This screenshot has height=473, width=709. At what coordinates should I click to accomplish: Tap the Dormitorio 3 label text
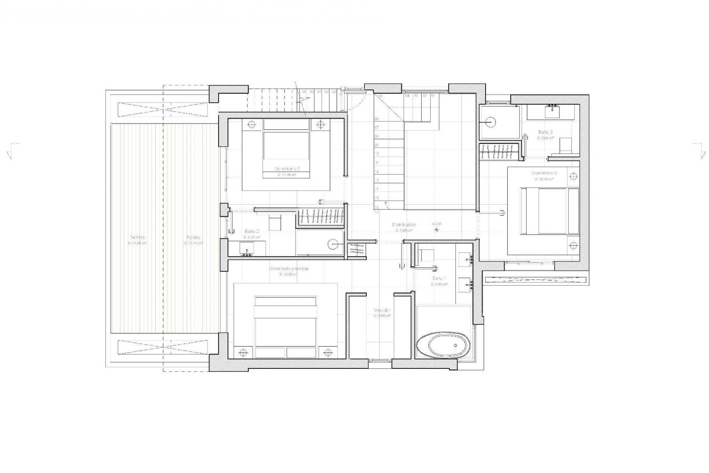click(x=544, y=173)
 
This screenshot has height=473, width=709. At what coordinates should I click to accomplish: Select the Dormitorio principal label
click(x=289, y=269)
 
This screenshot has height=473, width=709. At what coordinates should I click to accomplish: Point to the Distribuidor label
click(x=404, y=225)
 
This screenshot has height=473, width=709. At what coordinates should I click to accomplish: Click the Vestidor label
click(x=382, y=310)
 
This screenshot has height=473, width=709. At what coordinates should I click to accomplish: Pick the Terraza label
click(x=137, y=237)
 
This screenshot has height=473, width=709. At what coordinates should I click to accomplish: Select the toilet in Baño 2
click(x=275, y=223)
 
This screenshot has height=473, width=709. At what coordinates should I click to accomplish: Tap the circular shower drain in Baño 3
click(x=490, y=122)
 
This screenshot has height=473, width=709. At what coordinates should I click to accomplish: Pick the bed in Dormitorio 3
click(x=549, y=211)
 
